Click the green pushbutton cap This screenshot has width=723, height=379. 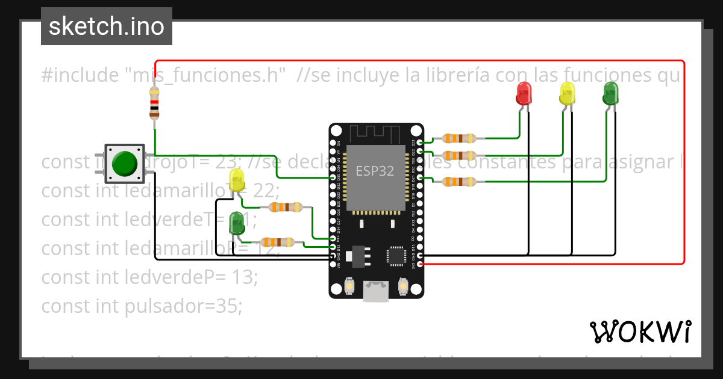coord(125,162)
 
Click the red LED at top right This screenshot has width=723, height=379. coord(524,93)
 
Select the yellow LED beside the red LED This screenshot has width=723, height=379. coord(567,93)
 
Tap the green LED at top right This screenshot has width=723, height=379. coord(610,93)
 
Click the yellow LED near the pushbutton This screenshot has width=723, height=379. coord(237,180)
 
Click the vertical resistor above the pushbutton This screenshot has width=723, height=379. coord(154,103)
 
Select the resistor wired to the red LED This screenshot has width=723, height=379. coord(459,138)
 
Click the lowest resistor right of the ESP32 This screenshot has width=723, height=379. coord(459,181)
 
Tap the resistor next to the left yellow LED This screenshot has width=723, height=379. coord(286,208)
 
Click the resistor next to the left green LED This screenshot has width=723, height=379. coord(277,242)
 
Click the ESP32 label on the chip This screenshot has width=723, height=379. coord(375,171)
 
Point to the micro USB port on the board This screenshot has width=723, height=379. coord(376,293)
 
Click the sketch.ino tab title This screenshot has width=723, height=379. coord(106,26)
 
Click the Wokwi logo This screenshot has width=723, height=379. coord(640,331)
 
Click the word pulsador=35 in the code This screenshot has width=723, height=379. coord(184,306)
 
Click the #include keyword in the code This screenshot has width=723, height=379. coord(80,76)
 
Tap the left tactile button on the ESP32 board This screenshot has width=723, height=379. coord(349,287)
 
